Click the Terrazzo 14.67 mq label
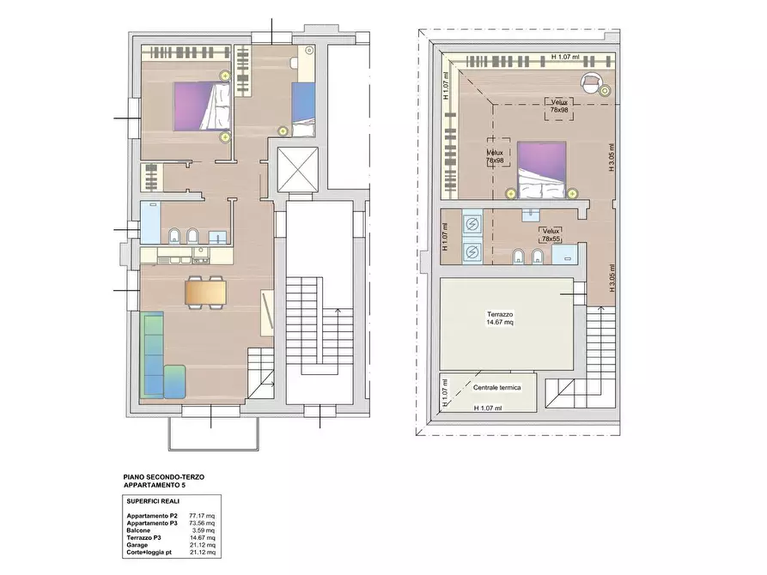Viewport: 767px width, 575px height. [x=500, y=318]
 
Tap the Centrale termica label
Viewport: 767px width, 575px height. [x=496, y=388]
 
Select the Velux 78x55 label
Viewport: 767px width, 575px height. [x=551, y=235]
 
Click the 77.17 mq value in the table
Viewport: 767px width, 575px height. [x=202, y=515]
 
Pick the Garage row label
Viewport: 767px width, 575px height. [x=137, y=545]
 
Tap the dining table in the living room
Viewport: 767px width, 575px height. [x=205, y=293]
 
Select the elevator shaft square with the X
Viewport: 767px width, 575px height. [x=297, y=169]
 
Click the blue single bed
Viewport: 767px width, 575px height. [x=303, y=110]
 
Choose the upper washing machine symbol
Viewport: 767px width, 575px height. [x=472, y=223]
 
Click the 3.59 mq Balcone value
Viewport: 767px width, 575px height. [x=203, y=530]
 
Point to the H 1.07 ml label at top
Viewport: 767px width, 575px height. [x=565, y=57]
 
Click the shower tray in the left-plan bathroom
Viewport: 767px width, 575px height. [x=150, y=223]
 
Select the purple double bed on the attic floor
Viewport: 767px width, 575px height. [x=541, y=170]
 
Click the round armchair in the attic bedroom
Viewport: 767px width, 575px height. [x=590, y=82]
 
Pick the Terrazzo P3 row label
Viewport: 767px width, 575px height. [x=143, y=537]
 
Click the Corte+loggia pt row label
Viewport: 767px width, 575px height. [x=149, y=552]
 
